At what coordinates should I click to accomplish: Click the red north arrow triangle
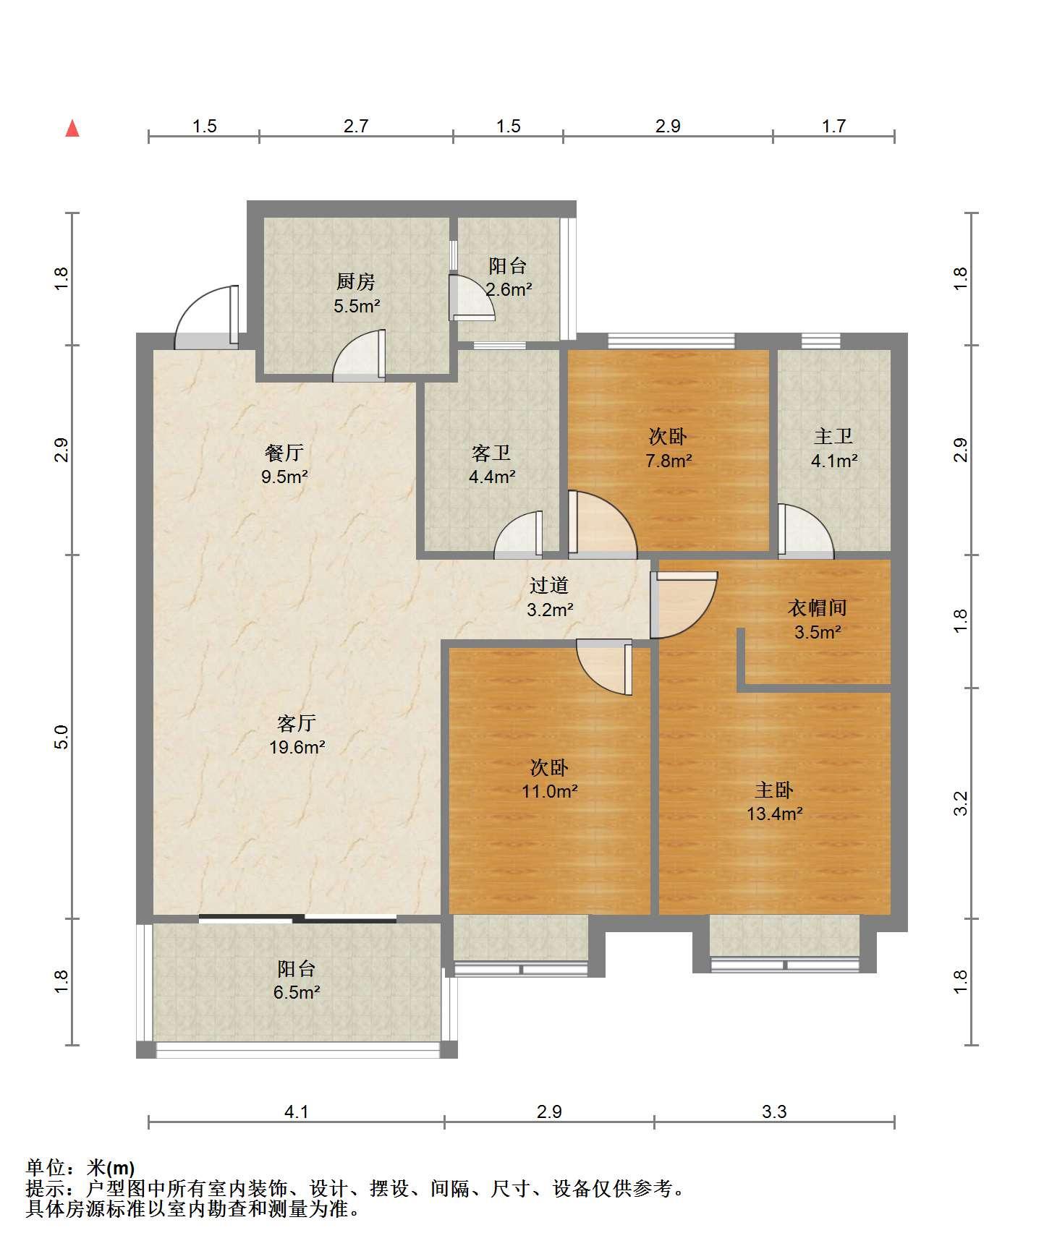tap(72, 129)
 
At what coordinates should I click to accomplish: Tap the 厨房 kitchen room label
tap(356, 281)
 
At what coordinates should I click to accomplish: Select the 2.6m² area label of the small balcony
tap(509, 290)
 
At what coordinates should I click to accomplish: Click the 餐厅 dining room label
tap(284, 453)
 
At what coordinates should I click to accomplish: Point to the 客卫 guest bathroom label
tap(491, 453)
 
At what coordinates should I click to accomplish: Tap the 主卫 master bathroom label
tap(833, 436)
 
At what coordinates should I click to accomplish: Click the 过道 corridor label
tap(549, 586)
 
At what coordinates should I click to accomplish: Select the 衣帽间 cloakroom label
tap(818, 608)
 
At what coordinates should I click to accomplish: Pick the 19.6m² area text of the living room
tap(297, 747)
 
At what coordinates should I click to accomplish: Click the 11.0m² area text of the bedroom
tap(550, 791)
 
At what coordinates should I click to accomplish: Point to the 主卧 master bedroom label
tap(774, 790)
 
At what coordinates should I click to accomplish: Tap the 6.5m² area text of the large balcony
tap(297, 992)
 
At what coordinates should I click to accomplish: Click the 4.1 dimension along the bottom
tap(297, 1111)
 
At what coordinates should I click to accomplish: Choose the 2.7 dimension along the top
tap(356, 127)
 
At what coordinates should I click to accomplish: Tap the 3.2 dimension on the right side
tap(960, 803)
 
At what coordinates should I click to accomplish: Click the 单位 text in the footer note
tap(46, 1167)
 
